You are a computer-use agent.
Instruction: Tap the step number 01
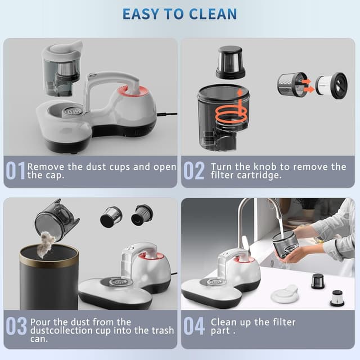click(x=15, y=170)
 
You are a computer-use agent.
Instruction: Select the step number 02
click(x=194, y=170)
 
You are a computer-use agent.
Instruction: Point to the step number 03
click(x=16, y=327)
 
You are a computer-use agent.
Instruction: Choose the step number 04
click(x=195, y=327)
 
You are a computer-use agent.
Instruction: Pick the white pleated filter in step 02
click(x=331, y=85)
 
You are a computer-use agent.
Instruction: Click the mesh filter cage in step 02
click(x=291, y=85)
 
